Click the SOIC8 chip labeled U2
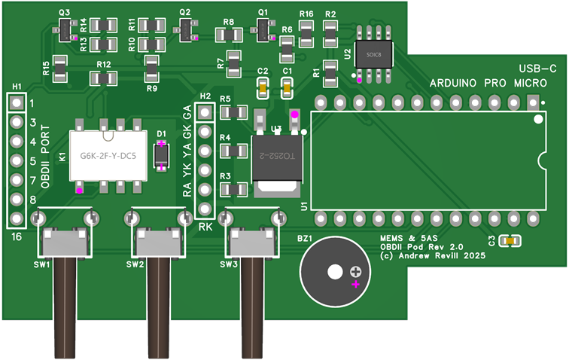373,55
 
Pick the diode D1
162,155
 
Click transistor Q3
65,30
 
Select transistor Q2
186,29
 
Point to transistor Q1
263,29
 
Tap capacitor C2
263,88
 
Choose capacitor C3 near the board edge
511,241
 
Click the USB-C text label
537,69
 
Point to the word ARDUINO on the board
454,82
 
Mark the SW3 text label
229,264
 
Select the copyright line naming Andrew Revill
431,256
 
